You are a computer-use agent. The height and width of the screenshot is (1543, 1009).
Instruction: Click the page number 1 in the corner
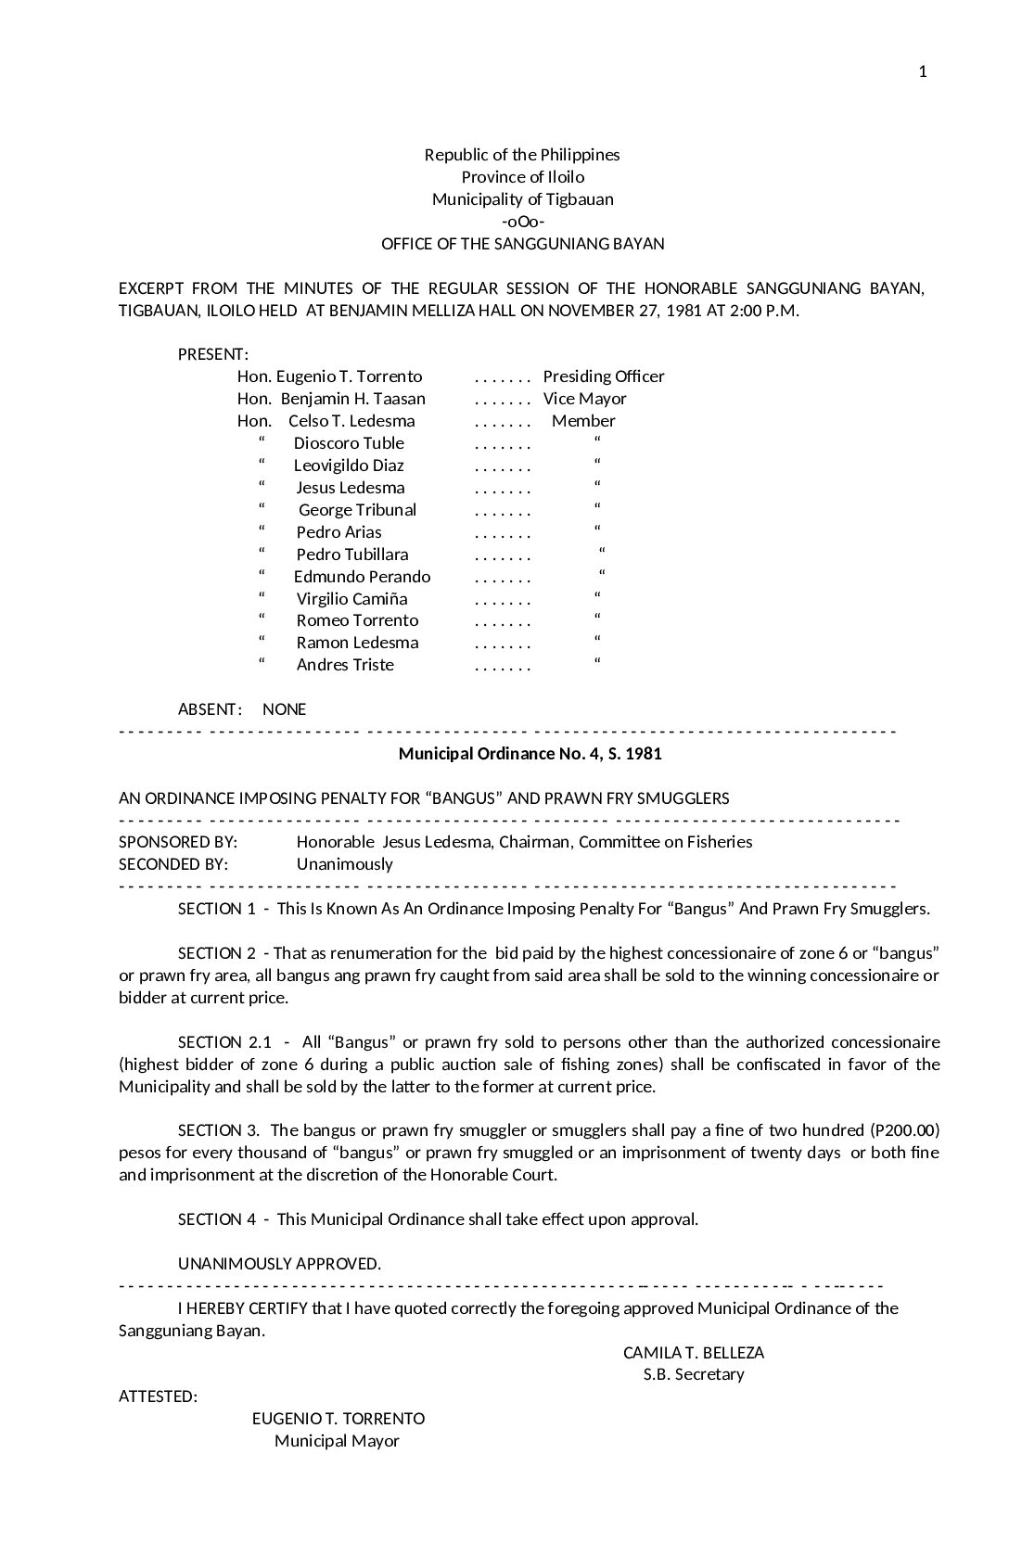click(923, 72)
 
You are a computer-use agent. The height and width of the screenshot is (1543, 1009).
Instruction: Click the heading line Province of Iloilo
click(523, 177)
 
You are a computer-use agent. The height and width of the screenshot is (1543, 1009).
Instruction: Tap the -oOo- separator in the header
click(523, 222)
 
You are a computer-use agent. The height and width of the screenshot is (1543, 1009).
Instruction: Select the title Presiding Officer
click(604, 376)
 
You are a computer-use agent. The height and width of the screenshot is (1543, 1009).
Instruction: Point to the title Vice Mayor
click(585, 399)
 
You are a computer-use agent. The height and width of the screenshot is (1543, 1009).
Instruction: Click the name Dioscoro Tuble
click(349, 443)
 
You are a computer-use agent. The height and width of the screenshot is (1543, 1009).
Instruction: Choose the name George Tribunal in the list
click(357, 510)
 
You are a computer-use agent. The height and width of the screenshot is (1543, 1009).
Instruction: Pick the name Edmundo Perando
click(363, 577)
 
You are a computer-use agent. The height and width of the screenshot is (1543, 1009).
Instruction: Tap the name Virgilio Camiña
click(351, 599)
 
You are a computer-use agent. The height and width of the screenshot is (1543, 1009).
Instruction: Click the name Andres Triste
click(345, 665)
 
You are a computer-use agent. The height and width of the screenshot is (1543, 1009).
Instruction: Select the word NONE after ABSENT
click(284, 709)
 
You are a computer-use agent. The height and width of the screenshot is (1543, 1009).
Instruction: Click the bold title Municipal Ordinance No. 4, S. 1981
click(530, 754)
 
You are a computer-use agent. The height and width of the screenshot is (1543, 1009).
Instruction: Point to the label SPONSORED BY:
click(178, 842)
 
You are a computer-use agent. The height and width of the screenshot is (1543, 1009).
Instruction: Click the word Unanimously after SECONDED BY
click(345, 864)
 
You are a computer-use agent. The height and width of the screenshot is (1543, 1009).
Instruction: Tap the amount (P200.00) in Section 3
click(905, 1130)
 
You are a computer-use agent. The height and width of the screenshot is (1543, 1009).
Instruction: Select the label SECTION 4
click(217, 1219)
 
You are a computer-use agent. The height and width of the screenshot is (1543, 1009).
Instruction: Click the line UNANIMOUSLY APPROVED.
click(279, 1264)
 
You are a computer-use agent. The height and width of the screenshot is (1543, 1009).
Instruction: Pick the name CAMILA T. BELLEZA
click(694, 1353)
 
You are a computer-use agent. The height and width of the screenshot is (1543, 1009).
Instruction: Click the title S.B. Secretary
click(694, 1374)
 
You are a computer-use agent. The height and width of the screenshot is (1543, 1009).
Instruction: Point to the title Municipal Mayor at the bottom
click(337, 1441)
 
